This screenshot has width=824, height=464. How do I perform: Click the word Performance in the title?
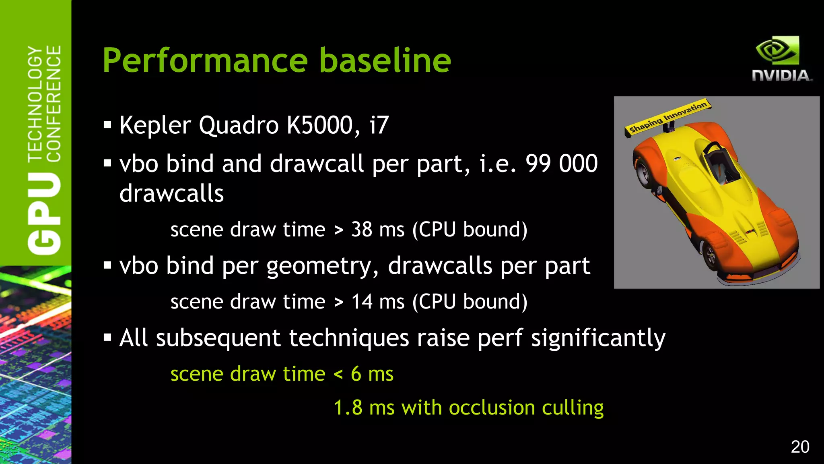click(x=205, y=60)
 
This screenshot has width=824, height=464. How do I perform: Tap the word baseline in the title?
click(x=385, y=60)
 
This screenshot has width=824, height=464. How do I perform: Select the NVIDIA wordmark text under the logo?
click(x=781, y=75)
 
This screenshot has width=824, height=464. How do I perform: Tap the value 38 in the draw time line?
click(x=361, y=230)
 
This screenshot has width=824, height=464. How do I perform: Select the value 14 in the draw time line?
click(x=361, y=302)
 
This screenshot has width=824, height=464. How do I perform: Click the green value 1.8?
click(x=348, y=408)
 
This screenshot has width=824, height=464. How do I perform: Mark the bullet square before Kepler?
click(x=107, y=125)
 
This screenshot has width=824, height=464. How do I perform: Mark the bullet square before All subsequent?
click(x=107, y=338)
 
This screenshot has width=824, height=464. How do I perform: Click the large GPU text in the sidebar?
click(x=44, y=213)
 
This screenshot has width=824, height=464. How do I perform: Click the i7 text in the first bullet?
click(x=379, y=125)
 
